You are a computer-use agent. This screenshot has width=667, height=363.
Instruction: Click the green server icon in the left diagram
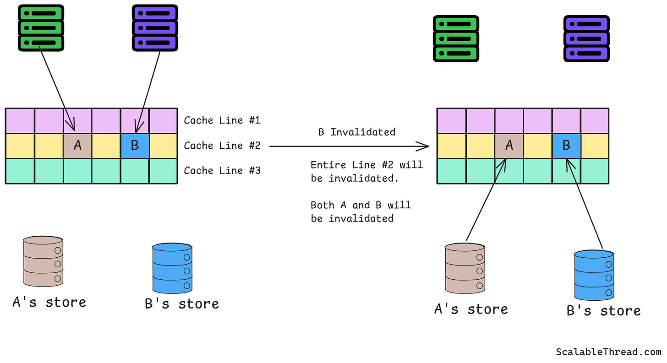click(41, 28)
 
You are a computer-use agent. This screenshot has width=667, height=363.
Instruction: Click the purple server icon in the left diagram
click(155, 28)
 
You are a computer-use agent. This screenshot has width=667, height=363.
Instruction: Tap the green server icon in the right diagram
click(456, 38)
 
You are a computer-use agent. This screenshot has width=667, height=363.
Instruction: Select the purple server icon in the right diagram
click(586, 38)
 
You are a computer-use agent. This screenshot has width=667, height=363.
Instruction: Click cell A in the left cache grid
click(77, 146)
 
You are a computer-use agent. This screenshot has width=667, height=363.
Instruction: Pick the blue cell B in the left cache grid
click(135, 146)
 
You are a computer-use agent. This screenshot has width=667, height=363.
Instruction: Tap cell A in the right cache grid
click(509, 146)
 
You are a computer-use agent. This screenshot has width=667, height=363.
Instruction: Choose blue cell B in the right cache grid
click(566, 146)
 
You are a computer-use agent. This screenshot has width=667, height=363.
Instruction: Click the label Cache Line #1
click(222, 120)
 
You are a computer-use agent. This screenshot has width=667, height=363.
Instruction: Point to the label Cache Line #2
click(222, 146)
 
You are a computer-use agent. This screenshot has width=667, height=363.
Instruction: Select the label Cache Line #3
click(222, 171)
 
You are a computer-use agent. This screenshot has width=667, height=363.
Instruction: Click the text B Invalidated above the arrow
click(356, 132)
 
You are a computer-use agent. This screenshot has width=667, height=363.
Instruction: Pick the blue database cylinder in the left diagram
click(172, 268)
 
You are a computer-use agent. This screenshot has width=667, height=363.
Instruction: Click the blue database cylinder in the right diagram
click(594, 275)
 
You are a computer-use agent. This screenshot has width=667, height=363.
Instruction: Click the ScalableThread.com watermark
click(608, 352)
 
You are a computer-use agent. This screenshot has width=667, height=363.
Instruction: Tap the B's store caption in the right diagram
click(603, 311)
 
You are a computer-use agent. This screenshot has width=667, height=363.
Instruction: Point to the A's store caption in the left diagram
click(49, 302)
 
